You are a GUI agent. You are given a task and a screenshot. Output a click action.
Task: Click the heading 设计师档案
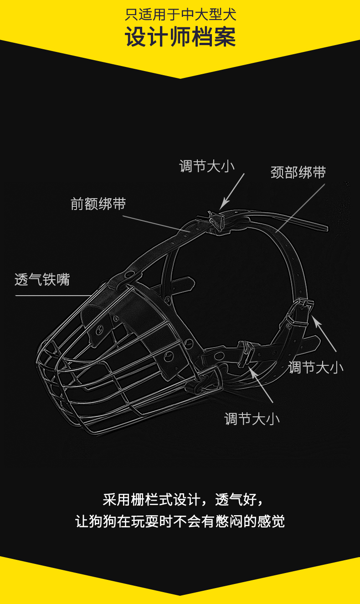(180, 37)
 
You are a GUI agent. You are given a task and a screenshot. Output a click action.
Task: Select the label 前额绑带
(98, 204)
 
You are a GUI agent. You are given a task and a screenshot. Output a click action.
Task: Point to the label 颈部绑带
(298, 173)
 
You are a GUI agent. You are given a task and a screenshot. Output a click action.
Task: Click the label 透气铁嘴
(42, 279)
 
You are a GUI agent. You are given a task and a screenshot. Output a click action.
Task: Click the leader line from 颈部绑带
(301, 207)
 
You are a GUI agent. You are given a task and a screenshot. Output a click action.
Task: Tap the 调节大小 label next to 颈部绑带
(207, 166)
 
